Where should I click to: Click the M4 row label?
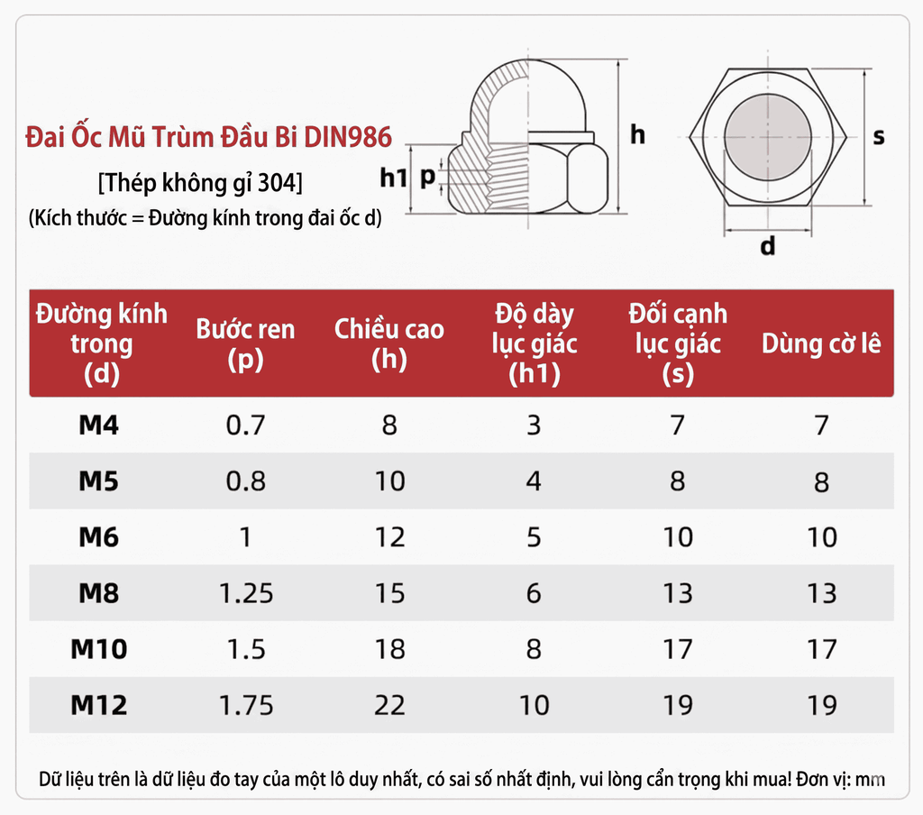(x=99, y=425)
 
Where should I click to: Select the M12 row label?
(x=99, y=705)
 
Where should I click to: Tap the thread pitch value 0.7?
(x=245, y=425)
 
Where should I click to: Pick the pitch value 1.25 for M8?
(x=245, y=593)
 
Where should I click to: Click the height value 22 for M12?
(x=389, y=705)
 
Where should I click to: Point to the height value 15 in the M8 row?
(x=389, y=593)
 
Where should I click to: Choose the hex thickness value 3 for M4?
(x=534, y=425)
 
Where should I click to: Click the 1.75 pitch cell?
(x=245, y=705)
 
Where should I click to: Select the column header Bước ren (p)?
(x=245, y=343)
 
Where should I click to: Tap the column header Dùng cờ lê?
(x=821, y=343)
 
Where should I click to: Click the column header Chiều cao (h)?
(x=389, y=343)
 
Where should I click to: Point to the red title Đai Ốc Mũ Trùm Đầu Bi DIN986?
(x=209, y=138)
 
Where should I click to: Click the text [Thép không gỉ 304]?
(x=199, y=183)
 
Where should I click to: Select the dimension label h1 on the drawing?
(x=394, y=179)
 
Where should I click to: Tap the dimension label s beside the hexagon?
(x=879, y=137)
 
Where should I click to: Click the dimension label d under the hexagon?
(x=767, y=246)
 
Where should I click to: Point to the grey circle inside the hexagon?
(x=767, y=136)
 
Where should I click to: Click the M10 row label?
(x=99, y=649)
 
